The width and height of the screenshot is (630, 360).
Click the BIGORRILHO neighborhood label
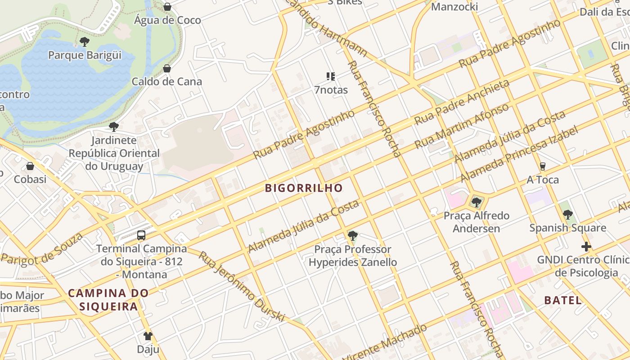pyautogui.click(x=304, y=188)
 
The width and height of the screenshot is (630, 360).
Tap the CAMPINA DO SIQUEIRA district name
pyautogui.click(x=108, y=300)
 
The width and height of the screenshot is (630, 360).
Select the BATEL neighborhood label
pyautogui.click(x=563, y=300)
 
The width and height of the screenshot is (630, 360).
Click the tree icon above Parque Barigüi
pyautogui.click(x=84, y=42)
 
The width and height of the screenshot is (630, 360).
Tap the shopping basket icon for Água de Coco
pyautogui.click(x=167, y=7)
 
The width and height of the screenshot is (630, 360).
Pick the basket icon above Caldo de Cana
pyautogui.click(x=167, y=68)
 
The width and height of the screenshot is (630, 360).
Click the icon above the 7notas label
pyautogui.click(x=331, y=76)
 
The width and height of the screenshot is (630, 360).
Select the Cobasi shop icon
pyautogui.click(x=30, y=166)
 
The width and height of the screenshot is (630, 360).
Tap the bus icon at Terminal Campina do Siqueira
pyautogui.click(x=141, y=235)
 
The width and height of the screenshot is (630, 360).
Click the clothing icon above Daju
pyautogui.click(x=148, y=336)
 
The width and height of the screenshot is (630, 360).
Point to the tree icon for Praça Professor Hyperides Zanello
pyautogui.click(x=353, y=235)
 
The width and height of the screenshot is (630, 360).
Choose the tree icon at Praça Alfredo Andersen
pyautogui.click(x=476, y=202)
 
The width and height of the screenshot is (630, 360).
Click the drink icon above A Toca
pyautogui.click(x=543, y=166)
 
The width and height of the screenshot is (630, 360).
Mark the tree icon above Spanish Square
pyautogui.click(x=568, y=215)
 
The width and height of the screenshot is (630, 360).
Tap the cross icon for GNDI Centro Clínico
pyautogui.click(x=586, y=247)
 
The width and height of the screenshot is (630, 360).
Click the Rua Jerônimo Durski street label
pyautogui.click(x=242, y=287)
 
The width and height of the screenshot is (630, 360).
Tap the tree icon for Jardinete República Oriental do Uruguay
pyautogui.click(x=114, y=127)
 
